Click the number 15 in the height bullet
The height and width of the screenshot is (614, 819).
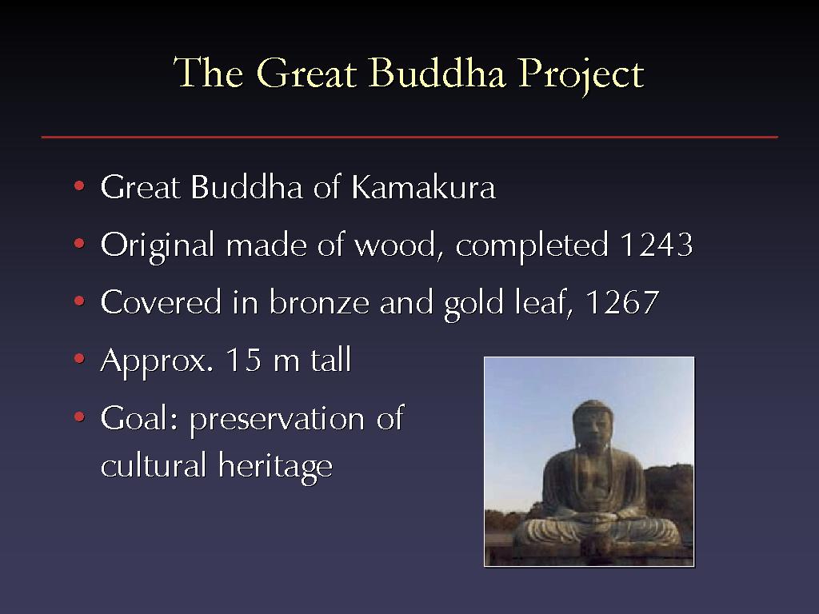[x=243, y=360]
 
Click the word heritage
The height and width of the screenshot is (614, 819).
[x=275, y=465]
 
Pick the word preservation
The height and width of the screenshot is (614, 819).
[x=277, y=419]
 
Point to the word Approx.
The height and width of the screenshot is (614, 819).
[x=157, y=361]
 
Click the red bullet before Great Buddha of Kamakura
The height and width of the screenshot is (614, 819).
[x=79, y=185]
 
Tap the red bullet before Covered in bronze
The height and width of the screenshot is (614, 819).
[x=79, y=301]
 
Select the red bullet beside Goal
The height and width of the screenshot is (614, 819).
[x=79, y=417]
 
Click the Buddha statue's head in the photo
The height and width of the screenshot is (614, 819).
[x=593, y=425]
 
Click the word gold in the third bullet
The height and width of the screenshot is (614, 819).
[x=473, y=303]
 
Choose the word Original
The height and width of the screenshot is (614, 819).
[x=158, y=245]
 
